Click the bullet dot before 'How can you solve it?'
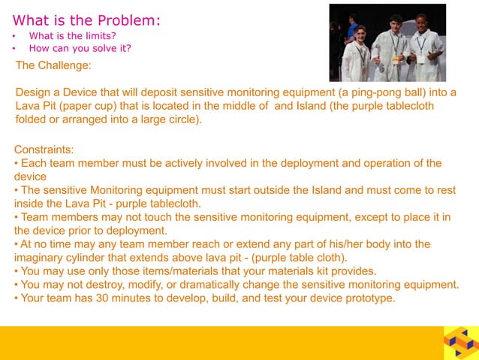16,49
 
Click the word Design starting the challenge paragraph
33,92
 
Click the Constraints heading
44,149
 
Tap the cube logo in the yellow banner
459,343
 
